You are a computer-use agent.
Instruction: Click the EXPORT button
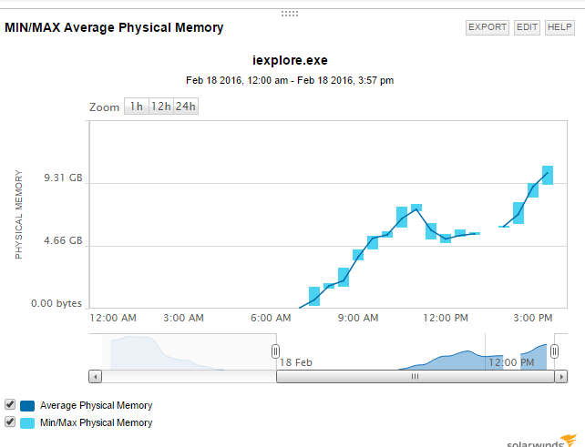487,27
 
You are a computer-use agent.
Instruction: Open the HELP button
559,27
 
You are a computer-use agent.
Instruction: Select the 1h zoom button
136,107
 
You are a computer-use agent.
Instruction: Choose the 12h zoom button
160,107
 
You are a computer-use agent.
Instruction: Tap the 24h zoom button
185,107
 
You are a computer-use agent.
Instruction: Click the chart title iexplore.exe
290,61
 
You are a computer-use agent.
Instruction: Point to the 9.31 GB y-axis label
63,178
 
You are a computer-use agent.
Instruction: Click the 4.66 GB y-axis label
63,241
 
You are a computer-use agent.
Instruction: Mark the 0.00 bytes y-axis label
56,304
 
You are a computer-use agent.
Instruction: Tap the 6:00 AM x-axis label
270,318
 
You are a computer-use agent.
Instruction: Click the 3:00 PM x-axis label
533,318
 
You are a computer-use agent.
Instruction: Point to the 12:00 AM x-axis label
114,318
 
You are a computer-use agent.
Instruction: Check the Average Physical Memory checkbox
10,404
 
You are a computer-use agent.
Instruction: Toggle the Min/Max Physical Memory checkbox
10,422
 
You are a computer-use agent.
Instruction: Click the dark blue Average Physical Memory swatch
27,405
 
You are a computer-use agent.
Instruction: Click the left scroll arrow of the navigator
95,376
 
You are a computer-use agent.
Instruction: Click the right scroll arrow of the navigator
561,376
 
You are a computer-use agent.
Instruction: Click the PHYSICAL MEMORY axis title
19,214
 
